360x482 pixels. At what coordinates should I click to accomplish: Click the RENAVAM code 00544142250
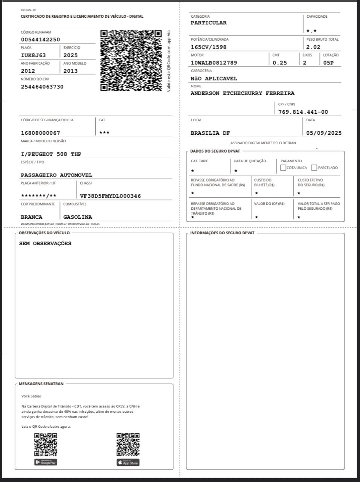(x=40, y=40)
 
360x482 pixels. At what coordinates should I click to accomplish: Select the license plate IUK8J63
(x=33, y=55)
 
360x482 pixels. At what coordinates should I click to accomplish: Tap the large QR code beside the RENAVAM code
(x=131, y=61)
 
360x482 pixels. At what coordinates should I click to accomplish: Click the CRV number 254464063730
(x=42, y=87)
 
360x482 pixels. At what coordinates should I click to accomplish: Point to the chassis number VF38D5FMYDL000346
(x=110, y=196)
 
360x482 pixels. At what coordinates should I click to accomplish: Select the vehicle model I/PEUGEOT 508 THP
(x=51, y=154)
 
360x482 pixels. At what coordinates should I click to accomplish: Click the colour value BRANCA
(x=32, y=217)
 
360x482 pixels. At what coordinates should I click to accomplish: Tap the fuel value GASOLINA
(x=78, y=217)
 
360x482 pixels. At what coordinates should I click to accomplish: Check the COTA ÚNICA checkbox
(x=283, y=168)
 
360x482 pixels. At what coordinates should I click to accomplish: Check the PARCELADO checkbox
(x=314, y=168)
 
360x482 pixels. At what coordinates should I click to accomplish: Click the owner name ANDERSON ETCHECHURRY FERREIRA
(x=243, y=93)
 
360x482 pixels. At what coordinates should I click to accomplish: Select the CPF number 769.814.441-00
(x=303, y=112)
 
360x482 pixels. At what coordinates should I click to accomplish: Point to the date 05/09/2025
(x=324, y=133)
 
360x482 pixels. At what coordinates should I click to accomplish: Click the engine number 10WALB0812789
(x=214, y=63)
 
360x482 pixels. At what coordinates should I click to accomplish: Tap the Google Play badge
(x=46, y=462)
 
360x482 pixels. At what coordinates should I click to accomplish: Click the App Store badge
(x=128, y=462)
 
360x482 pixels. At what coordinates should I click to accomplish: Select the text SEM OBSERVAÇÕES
(x=45, y=244)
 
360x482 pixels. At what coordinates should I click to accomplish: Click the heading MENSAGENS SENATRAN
(x=41, y=384)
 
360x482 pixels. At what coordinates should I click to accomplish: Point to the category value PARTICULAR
(x=209, y=23)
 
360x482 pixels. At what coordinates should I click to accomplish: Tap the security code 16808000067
(x=40, y=133)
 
